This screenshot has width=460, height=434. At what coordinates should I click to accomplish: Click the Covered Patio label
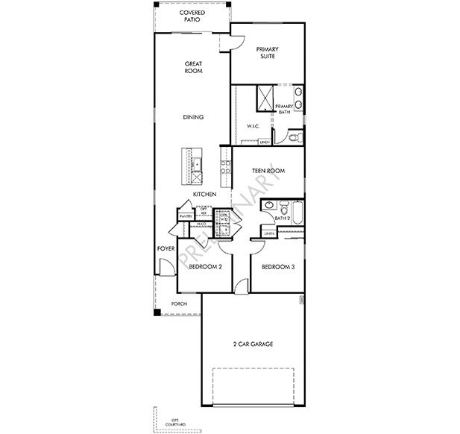(x=192, y=16)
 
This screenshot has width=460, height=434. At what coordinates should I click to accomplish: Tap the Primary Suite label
(x=267, y=54)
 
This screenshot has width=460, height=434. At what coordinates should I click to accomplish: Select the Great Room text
(x=194, y=69)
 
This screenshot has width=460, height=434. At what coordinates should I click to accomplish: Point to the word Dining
(x=194, y=117)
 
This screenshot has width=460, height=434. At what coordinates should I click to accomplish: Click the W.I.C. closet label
(x=253, y=126)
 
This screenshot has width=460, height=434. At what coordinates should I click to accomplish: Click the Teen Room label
(x=268, y=171)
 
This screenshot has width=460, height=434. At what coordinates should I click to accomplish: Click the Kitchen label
(x=204, y=194)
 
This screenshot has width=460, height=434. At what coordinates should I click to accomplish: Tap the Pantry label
(x=185, y=216)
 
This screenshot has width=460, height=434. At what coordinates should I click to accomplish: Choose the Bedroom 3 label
(x=278, y=266)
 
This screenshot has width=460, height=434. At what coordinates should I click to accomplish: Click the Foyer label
(x=165, y=248)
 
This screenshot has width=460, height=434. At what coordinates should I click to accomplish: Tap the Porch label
(x=179, y=304)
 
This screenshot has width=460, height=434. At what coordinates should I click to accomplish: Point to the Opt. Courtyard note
(x=176, y=422)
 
